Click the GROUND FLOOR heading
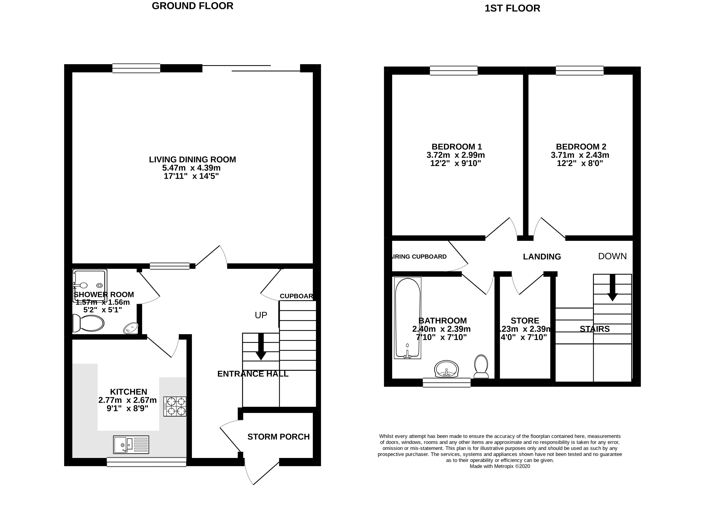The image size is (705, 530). pyautogui.click(x=192, y=6)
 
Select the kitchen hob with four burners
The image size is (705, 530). pyautogui.click(x=175, y=406)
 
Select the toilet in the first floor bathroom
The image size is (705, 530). pyautogui.click(x=481, y=367)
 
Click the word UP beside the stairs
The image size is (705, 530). pyautogui.click(x=261, y=315)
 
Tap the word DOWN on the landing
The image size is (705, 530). pyautogui.click(x=612, y=256)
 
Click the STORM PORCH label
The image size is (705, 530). pyautogui.click(x=279, y=437)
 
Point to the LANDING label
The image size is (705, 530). pyautogui.click(x=542, y=257)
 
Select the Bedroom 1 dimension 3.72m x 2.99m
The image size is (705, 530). pyautogui.click(x=455, y=155)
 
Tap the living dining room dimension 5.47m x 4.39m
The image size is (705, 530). pyautogui.click(x=191, y=168)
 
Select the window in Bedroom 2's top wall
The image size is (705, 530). pyautogui.click(x=579, y=70)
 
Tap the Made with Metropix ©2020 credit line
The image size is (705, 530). pyautogui.click(x=500, y=466)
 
